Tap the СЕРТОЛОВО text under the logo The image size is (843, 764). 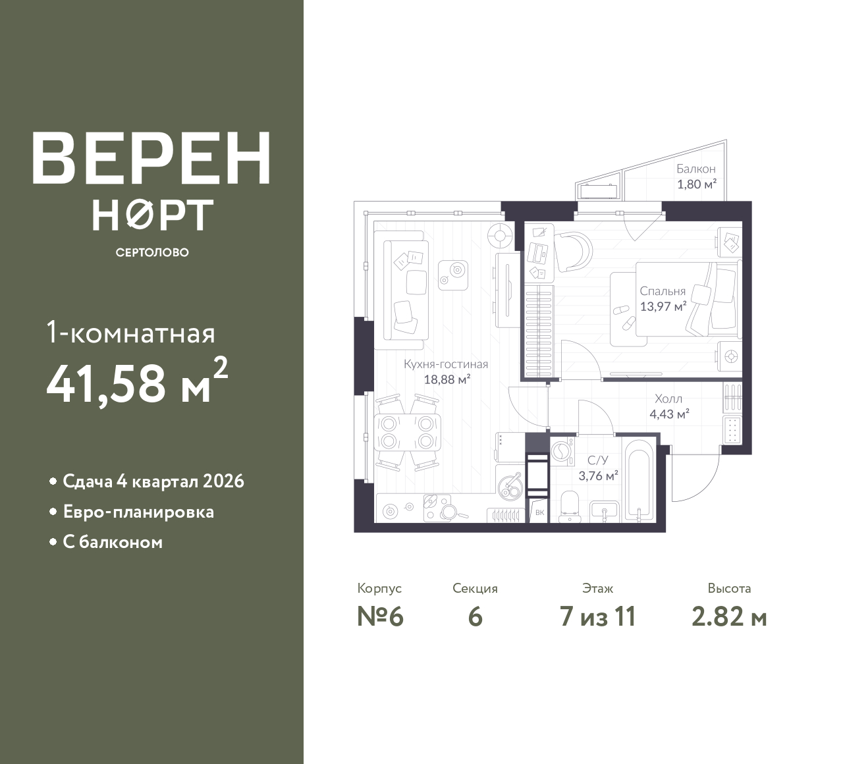(x=152, y=252)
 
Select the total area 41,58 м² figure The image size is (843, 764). (x=138, y=381)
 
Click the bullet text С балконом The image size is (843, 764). (x=113, y=542)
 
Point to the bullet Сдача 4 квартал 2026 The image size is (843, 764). (x=153, y=481)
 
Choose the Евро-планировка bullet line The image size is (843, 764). (x=138, y=512)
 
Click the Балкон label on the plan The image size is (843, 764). (x=696, y=169)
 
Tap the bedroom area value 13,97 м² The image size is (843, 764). (x=663, y=306)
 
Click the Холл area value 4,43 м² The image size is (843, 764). (x=669, y=414)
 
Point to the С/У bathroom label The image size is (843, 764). (x=598, y=460)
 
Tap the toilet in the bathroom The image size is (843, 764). (x=570, y=506)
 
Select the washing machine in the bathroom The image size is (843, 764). (x=562, y=452)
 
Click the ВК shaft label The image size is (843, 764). (x=540, y=512)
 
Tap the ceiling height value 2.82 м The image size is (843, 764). (x=729, y=617)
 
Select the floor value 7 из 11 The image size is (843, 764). (x=597, y=617)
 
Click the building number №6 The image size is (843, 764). (x=380, y=617)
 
